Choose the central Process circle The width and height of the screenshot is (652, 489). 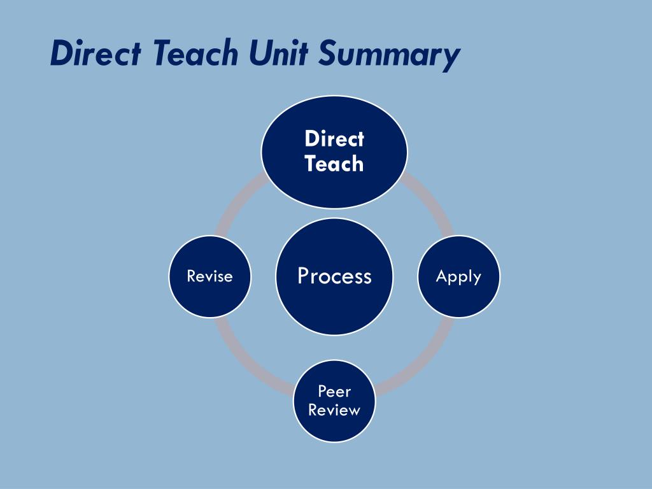point(334,306)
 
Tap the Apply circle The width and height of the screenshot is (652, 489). point(458,299)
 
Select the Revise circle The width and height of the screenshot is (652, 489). point(209,299)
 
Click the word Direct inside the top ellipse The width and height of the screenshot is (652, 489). point(334,139)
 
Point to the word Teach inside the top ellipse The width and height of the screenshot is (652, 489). point(334,164)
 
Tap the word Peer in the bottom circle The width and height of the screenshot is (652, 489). point(334,391)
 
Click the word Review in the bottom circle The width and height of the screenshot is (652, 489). point(334,410)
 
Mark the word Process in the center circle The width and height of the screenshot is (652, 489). point(334,276)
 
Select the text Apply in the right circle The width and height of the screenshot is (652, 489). point(458,276)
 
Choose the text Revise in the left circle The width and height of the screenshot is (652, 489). point(209,276)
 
